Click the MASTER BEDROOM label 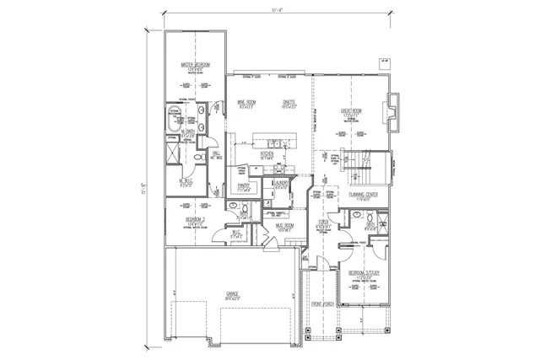pyautogui.click(x=195, y=65)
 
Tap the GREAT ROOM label pyautogui.click(x=352, y=110)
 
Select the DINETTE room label pyautogui.click(x=289, y=104)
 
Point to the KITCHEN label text pyautogui.click(x=267, y=154)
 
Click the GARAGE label pyautogui.click(x=232, y=294)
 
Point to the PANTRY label pyautogui.click(x=246, y=186)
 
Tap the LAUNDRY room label pyautogui.click(x=282, y=183)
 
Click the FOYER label pyautogui.click(x=323, y=225)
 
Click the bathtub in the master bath pyautogui.click(x=175, y=121)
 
